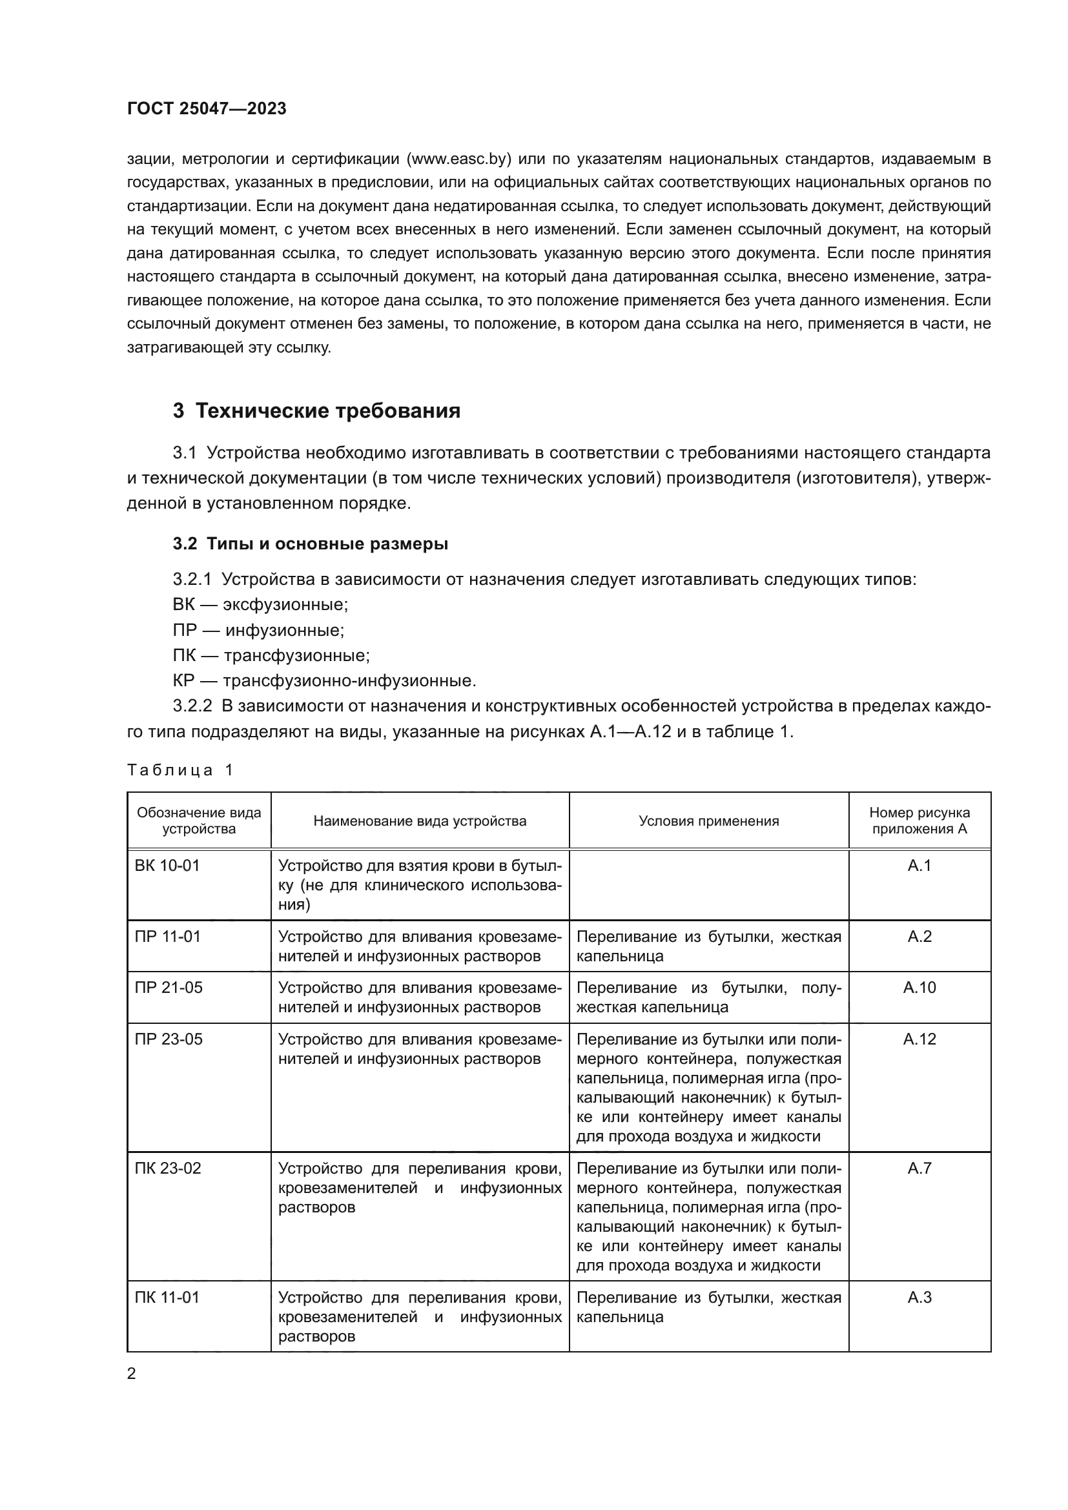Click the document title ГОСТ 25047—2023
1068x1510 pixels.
coord(207,108)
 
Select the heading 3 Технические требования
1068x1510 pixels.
coord(316,411)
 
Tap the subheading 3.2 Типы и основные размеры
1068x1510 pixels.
coord(311,544)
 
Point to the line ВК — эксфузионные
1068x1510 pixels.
coord(260,604)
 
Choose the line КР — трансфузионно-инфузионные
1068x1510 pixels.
coord(324,680)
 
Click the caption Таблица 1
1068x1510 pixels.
coord(180,770)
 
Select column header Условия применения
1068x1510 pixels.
coord(708,821)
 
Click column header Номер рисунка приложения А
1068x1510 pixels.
coord(919,821)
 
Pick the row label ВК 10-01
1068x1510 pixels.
coord(167,866)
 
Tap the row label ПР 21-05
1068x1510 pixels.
coord(169,988)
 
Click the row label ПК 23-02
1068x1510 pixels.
coord(168,1168)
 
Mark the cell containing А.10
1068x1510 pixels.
coord(919,988)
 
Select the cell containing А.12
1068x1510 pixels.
coord(919,1039)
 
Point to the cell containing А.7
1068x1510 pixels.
coord(919,1168)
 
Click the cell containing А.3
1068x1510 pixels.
coord(919,1298)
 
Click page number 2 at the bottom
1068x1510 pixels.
coord(132,1374)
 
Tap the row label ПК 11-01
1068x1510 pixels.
coord(167,1298)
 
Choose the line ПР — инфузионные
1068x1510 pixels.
coord(258,630)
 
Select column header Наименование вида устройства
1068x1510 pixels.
coord(420,821)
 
